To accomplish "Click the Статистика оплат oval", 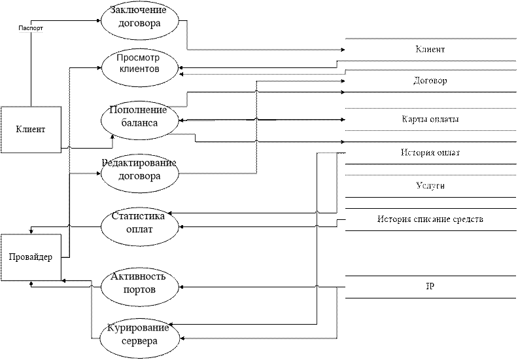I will click(139, 223).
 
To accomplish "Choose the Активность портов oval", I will click(139, 283).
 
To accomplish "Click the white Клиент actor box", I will click(30, 129).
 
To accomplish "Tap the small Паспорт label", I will click(31, 29).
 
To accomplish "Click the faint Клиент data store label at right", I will click(430, 50).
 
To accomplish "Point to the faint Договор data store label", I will click(430, 82).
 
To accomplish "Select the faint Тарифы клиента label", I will click(430, 120).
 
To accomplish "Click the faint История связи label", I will click(430, 153).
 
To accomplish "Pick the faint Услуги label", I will click(430, 186).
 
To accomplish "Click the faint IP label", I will click(430, 287).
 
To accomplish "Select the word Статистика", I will click(139, 217).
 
